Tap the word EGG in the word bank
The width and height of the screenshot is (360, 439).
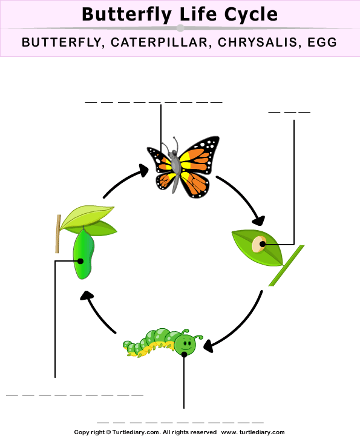coord(322,42)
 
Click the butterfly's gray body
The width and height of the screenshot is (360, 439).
coord(175,168)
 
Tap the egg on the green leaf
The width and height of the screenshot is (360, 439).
coord(259,244)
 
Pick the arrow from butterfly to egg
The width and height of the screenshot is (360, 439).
coord(244,194)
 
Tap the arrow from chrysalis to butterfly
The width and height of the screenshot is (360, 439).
coord(122,180)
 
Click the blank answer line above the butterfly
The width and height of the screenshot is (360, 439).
coord(154,102)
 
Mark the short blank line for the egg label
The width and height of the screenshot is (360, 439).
coord(289,112)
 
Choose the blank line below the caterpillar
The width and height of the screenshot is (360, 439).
coord(180,423)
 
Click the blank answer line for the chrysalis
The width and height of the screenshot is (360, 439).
coord(74,395)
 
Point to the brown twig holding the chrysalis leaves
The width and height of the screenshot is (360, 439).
coord(58,234)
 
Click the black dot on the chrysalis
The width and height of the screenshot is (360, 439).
coord(80,261)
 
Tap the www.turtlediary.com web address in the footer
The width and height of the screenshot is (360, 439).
coord(252,432)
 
